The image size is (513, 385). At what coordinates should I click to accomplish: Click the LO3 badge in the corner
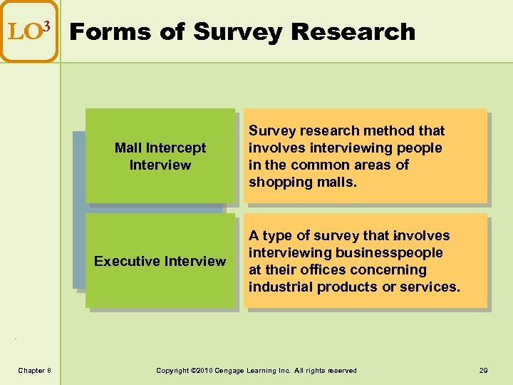point(28,31)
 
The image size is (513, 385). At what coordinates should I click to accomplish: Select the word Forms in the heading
point(105,32)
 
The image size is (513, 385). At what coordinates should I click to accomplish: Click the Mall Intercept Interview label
point(160,156)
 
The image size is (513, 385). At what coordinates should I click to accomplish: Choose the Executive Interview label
point(160,261)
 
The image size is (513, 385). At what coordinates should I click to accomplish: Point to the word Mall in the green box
point(128,148)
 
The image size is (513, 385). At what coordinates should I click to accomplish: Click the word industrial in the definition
point(280,287)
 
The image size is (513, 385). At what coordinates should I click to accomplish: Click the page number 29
point(483,370)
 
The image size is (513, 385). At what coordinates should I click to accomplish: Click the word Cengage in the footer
point(239,370)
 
